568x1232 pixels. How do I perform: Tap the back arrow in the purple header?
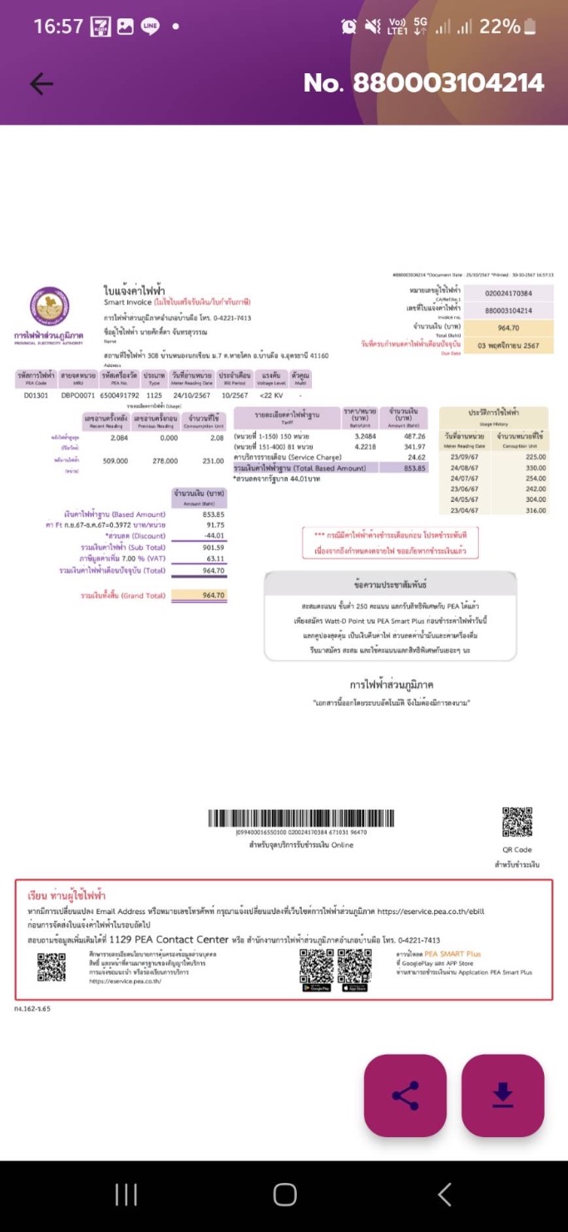click(x=41, y=83)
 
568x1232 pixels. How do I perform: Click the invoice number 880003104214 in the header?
click(x=423, y=82)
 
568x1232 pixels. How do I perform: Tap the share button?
click(x=405, y=1095)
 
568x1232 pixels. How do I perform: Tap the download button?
click(x=502, y=1095)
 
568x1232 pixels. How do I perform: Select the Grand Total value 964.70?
click(x=214, y=595)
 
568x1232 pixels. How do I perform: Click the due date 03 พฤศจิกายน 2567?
click(x=508, y=345)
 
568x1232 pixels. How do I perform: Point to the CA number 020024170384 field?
click(x=508, y=293)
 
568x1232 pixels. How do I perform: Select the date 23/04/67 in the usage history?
click(x=466, y=510)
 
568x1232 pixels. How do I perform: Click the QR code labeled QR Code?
click(x=516, y=822)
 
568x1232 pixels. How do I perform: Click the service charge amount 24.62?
click(x=416, y=457)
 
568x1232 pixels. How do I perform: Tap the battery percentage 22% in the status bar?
click(x=499, y=27)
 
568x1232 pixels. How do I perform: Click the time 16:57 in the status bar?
click(x=58, y=27)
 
